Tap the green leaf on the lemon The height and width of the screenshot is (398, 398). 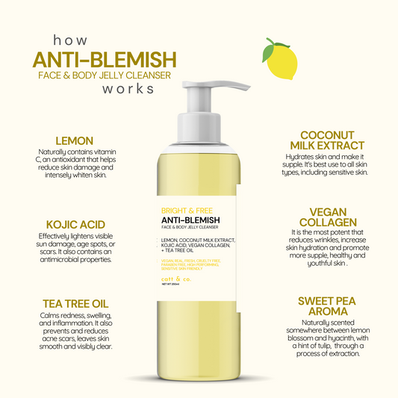point(270,52)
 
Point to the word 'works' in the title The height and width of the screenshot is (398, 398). point(128,89)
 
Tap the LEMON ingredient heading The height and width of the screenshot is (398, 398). point(74,140)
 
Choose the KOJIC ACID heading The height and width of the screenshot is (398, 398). point(75,224)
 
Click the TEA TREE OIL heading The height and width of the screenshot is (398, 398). point(75,304)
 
